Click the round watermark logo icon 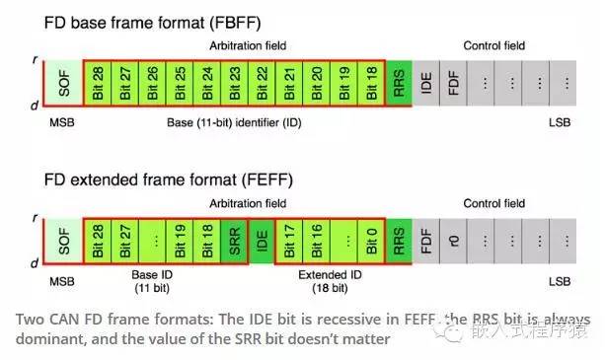pyautogui.click(x=455, y=334)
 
